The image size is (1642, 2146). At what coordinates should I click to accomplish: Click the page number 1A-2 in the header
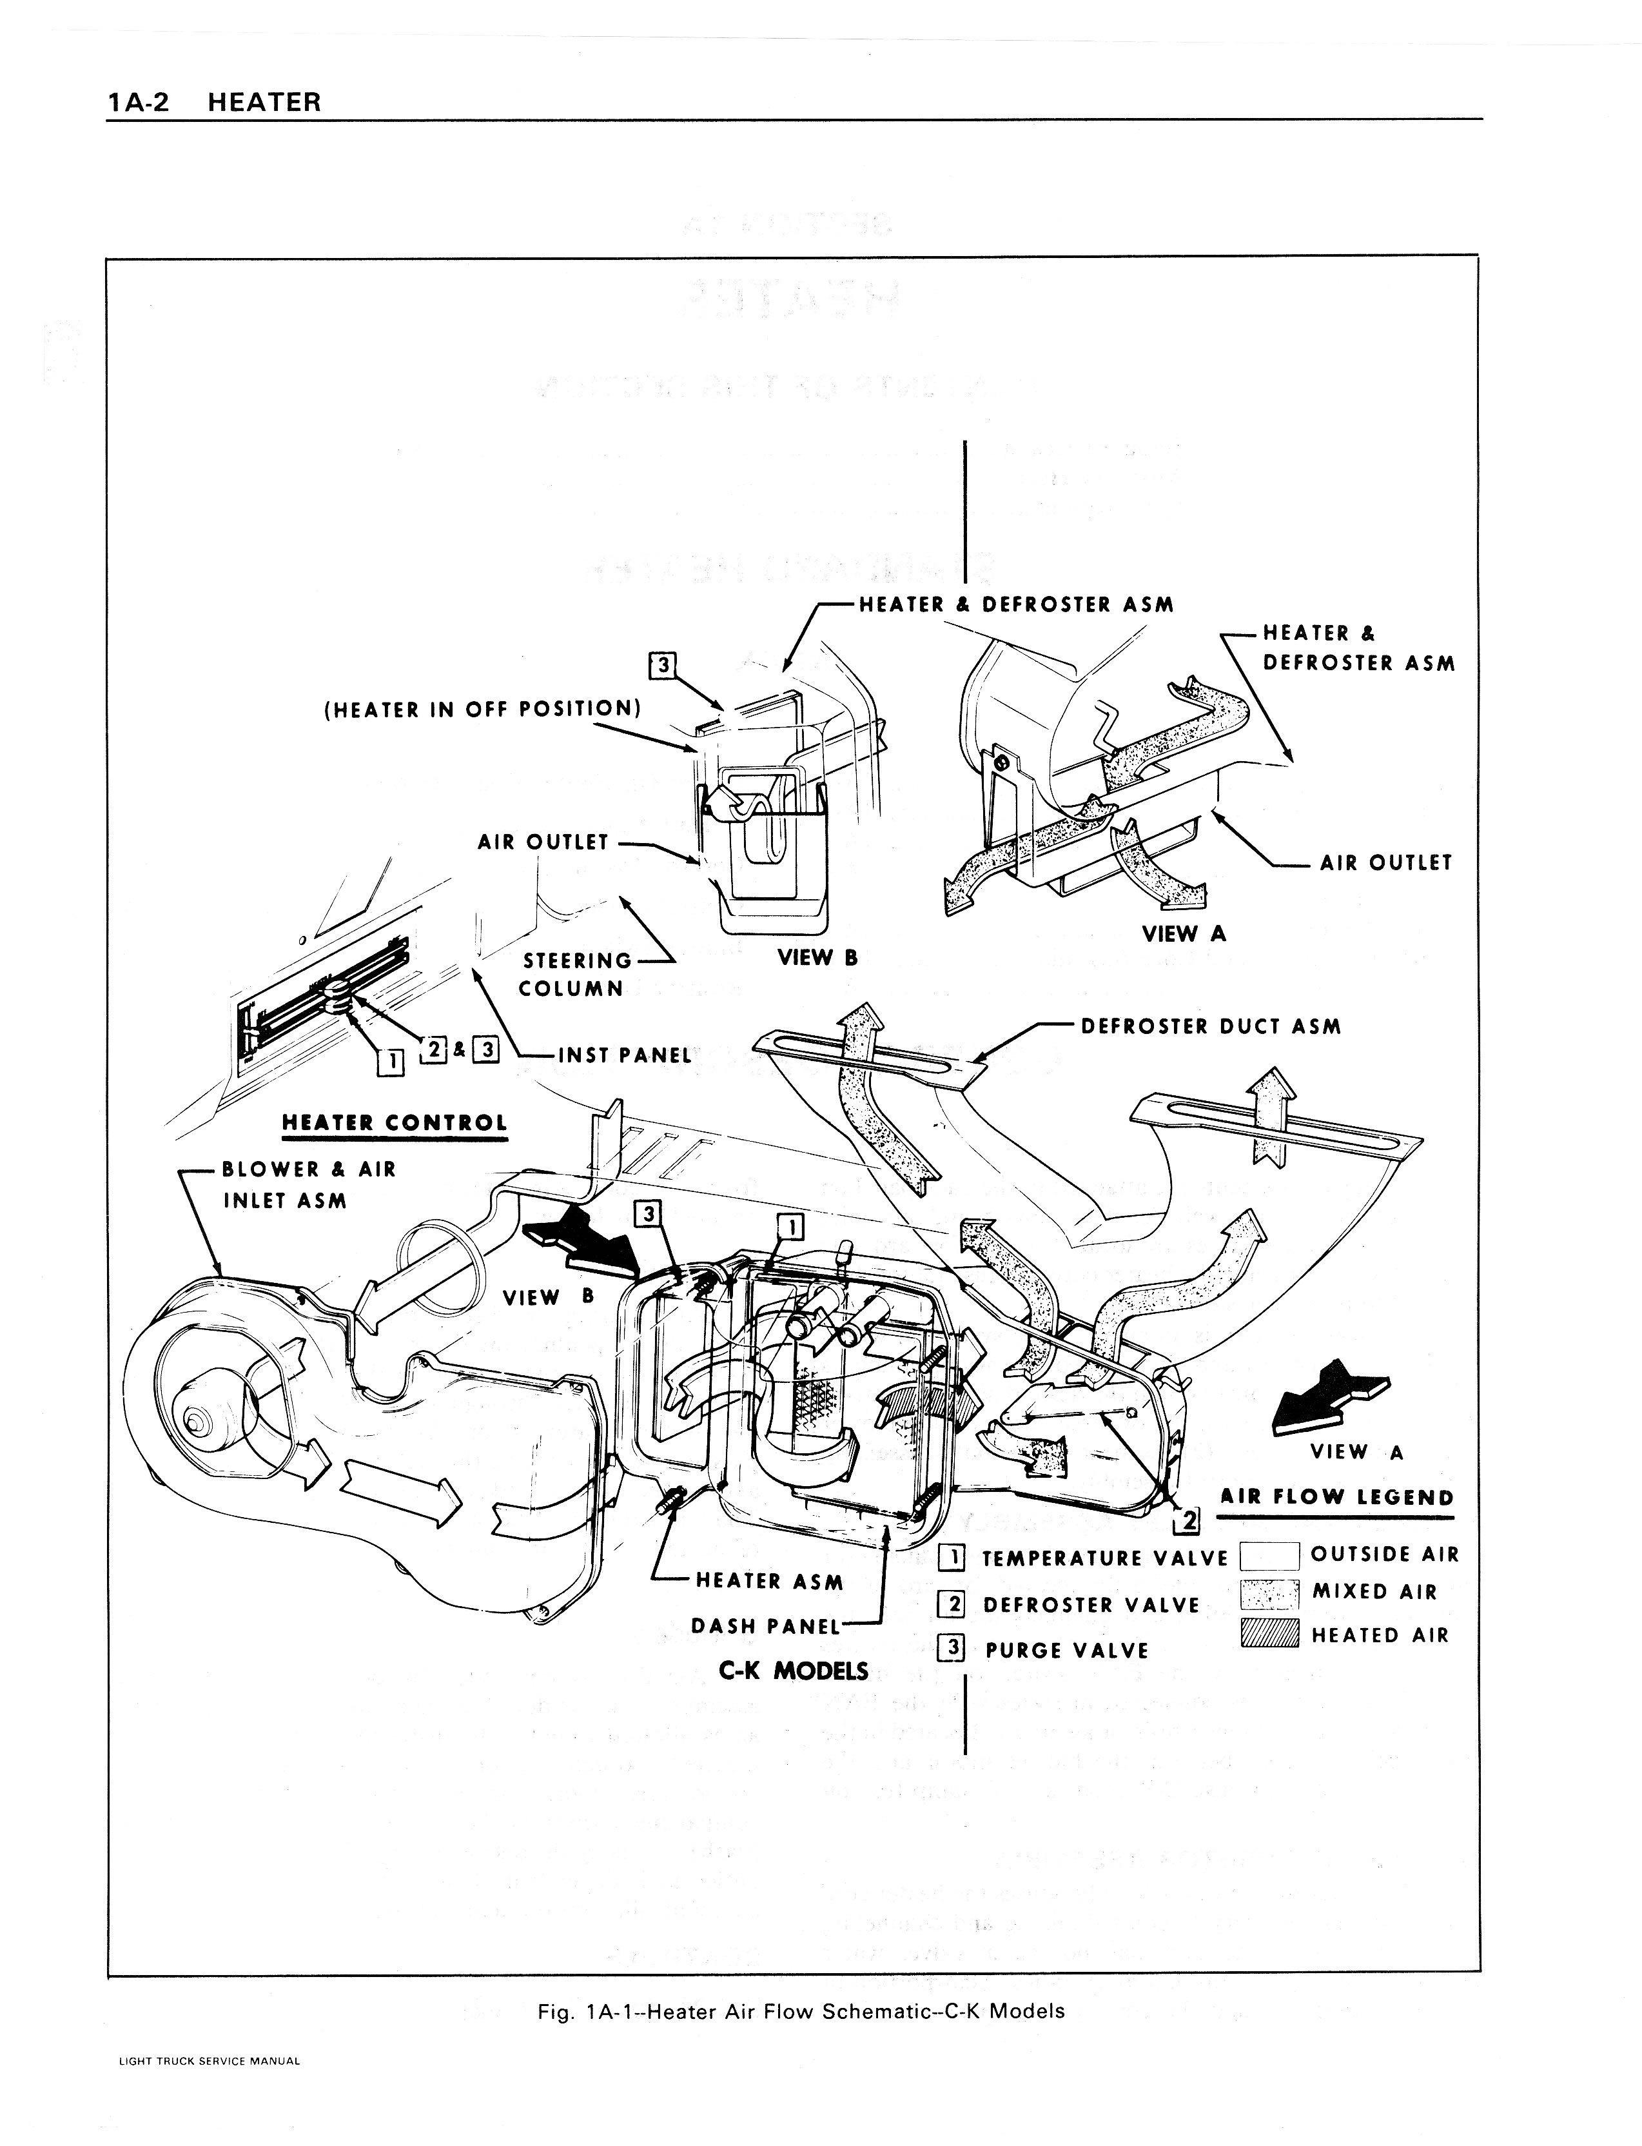coord(138,102)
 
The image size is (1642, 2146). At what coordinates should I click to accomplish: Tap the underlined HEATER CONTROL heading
coord(394,1124)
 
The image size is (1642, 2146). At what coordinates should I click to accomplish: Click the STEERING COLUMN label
coord(576,974)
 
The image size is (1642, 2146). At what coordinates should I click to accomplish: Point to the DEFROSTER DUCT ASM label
coord(1210,1027)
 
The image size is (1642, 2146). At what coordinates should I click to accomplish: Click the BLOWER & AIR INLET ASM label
coord(308,1184)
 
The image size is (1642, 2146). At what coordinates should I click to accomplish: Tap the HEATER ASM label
coord(769,1581)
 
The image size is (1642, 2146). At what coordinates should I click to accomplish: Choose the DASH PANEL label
coord(765,1626)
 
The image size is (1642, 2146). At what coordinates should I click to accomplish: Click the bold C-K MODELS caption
coord(793,1671)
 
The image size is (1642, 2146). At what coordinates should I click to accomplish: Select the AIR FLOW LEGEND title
coord(1336,1498)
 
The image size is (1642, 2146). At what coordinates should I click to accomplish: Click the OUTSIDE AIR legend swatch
coord(1269,1555)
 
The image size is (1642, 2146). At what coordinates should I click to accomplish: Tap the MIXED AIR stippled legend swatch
coord(1269,1594)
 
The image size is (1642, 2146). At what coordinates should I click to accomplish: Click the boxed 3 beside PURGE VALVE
coord(950,1649)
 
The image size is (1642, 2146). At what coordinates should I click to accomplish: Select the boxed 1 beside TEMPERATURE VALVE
coord(950,1558)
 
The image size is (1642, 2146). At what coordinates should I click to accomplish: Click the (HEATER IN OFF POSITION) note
coord(482,709)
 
